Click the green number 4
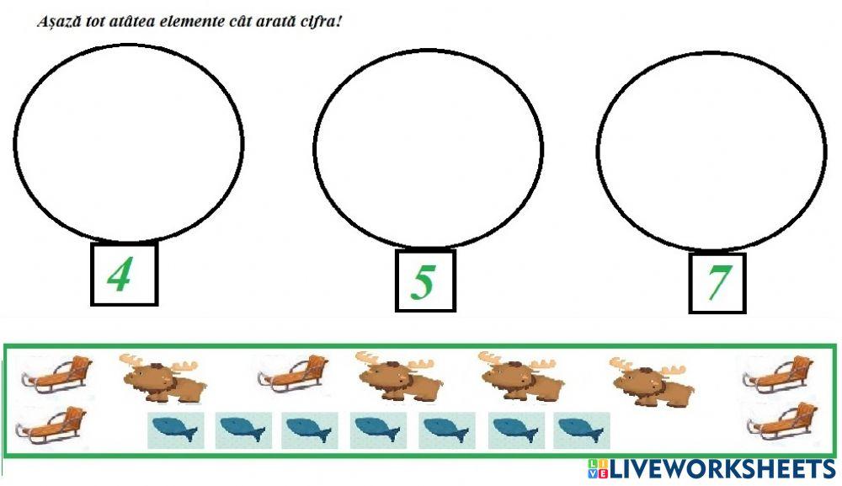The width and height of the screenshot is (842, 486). [120, 275]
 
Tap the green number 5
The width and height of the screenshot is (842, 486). [423, 281]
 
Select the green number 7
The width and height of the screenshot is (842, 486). [717, 283]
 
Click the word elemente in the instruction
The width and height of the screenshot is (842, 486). [182, 21]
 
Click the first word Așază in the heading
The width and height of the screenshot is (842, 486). [55, 21]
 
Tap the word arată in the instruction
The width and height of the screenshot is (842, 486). [280, 21]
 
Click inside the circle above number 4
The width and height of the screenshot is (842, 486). [128, 143]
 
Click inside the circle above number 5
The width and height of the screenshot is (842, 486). [429, 149]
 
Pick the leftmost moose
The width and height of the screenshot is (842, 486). [163, 377]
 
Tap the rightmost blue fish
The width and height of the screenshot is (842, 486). [582, 430]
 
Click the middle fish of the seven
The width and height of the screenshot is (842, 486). [378, 430]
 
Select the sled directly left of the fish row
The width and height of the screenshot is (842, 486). [52, 425]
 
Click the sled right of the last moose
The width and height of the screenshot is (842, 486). [776, 374]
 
